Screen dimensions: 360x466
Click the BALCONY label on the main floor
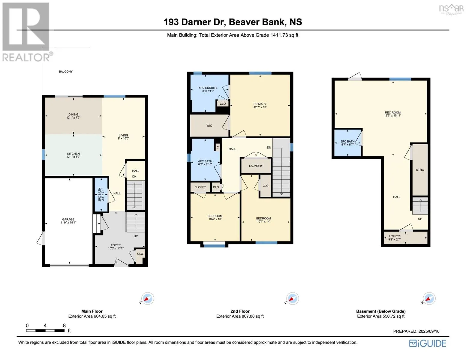[66, 72]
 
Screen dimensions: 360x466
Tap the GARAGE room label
[68, 219]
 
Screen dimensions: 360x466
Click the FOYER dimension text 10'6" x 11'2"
[116, 248]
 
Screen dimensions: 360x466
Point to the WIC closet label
[209, 126]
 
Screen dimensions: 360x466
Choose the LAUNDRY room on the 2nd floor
[256, 166]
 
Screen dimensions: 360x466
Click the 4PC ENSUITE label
[208, 88]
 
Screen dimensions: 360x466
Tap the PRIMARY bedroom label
[260, 104]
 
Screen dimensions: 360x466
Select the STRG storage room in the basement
[420, 170]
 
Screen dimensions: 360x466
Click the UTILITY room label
[394, 236]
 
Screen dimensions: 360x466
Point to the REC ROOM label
[392, 112]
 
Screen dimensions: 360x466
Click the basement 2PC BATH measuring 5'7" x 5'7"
[347, 143]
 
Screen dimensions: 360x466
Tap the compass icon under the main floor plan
[147, 298]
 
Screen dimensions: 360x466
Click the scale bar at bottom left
[45, 331]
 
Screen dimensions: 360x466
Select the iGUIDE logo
[428, 343]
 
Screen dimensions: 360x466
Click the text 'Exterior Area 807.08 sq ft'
[240, 316]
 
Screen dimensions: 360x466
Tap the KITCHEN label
[73, 154]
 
